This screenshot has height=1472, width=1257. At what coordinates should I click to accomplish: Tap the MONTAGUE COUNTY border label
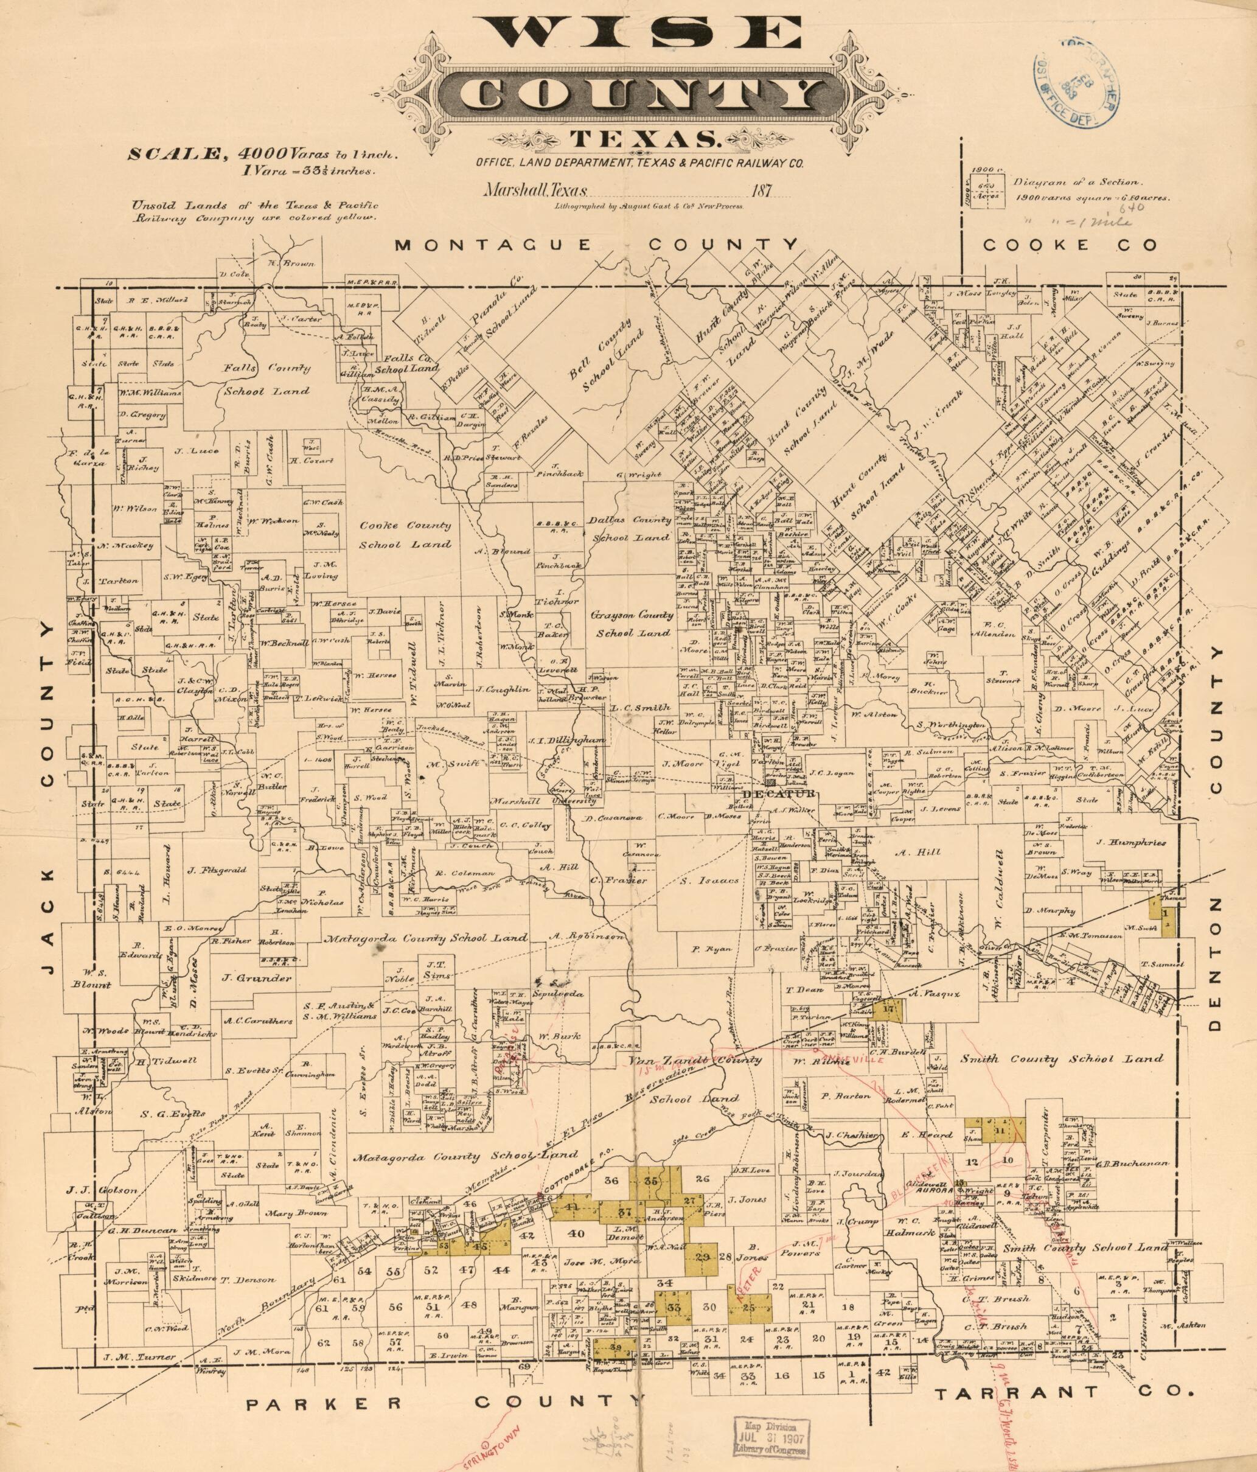pos(596,245)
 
